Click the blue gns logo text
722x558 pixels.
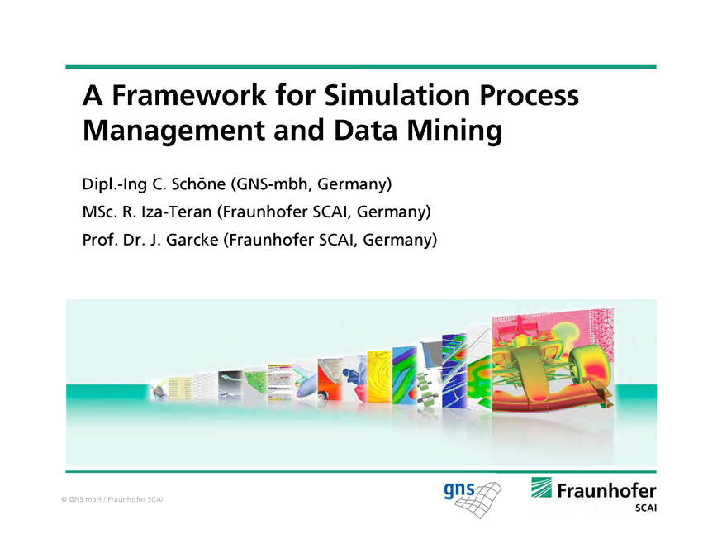(x=459, y=490)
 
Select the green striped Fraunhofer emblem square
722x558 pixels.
(x=542, y=488)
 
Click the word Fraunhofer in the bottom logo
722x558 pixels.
(x=606, y=489)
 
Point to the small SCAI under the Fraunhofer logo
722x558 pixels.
(x=645, y=508)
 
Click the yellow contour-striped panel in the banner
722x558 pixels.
(x=380, y=376)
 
